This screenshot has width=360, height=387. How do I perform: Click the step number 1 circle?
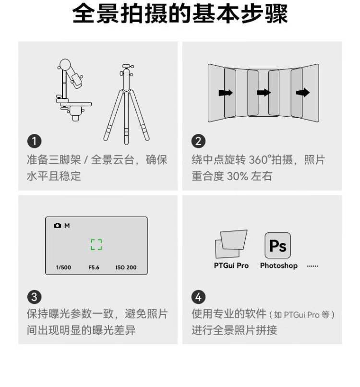pos(34,141)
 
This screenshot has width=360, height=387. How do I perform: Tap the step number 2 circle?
pos(198,141)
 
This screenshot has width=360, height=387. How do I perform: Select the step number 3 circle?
pos(34,297)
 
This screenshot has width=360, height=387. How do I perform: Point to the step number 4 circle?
pos(198,297)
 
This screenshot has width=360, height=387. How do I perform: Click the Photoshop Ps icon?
pos(277,245)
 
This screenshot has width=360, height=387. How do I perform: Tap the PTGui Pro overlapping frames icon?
pos(231,244)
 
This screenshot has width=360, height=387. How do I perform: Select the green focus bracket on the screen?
pos(96,244)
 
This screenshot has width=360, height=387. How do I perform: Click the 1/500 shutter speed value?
pos(63,267)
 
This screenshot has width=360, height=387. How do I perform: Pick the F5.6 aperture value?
pos(94,267)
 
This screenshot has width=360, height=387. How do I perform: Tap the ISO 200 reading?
pos(126,267)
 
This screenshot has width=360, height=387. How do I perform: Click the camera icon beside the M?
pos(58,225)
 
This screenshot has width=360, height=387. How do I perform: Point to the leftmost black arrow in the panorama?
pos(226,93)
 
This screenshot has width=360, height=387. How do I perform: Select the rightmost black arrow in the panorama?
pos(303,93)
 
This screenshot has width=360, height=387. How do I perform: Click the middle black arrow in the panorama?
pos(264,93)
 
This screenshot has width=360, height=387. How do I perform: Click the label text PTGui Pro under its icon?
pos(231,266)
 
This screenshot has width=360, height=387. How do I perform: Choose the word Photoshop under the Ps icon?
pos(279,266)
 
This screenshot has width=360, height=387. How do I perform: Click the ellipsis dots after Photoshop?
pos(312,266)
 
